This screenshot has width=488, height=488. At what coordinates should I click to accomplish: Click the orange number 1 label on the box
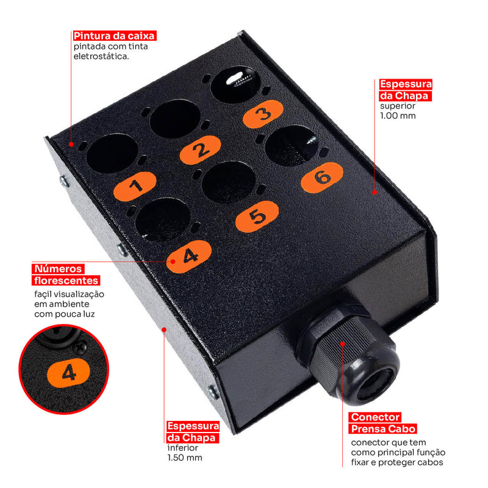click(x=135, y=186)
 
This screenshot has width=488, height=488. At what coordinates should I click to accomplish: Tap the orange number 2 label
click(x=201, y=149)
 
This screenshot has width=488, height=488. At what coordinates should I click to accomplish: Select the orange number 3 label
click(x=263, y=114)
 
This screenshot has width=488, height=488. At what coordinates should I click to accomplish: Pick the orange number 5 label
click(x=257, y=217)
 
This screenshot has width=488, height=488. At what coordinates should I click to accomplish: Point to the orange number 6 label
click(x=322, y=178)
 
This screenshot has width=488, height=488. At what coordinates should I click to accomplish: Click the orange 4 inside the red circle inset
click(x=68, y=373)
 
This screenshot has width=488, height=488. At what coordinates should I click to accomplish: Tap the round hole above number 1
click(x=112, y=153)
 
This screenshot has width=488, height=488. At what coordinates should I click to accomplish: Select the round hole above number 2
click(x=175, y=119)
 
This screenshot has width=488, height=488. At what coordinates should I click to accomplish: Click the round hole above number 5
click(x=229, y=182)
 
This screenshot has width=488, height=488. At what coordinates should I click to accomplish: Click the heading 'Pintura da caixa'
click(x=114, y=36)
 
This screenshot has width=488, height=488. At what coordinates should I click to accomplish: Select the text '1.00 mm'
click(x=398, y=116)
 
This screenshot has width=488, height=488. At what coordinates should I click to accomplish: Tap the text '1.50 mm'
click(x=185, y=458)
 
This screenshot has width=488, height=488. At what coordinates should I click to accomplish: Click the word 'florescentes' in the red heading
click(x=66, y=281)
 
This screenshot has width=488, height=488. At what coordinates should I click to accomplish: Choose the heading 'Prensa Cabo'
click(x=384, y=429)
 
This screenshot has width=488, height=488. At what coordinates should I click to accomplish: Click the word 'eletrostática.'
click(x=101, y=56)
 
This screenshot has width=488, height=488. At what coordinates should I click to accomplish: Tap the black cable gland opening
click(x=375, y=385)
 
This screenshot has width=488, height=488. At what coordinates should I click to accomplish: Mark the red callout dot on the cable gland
click(x=342, y=344)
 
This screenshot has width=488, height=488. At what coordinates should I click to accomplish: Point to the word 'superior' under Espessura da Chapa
click(x=398, y=106)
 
